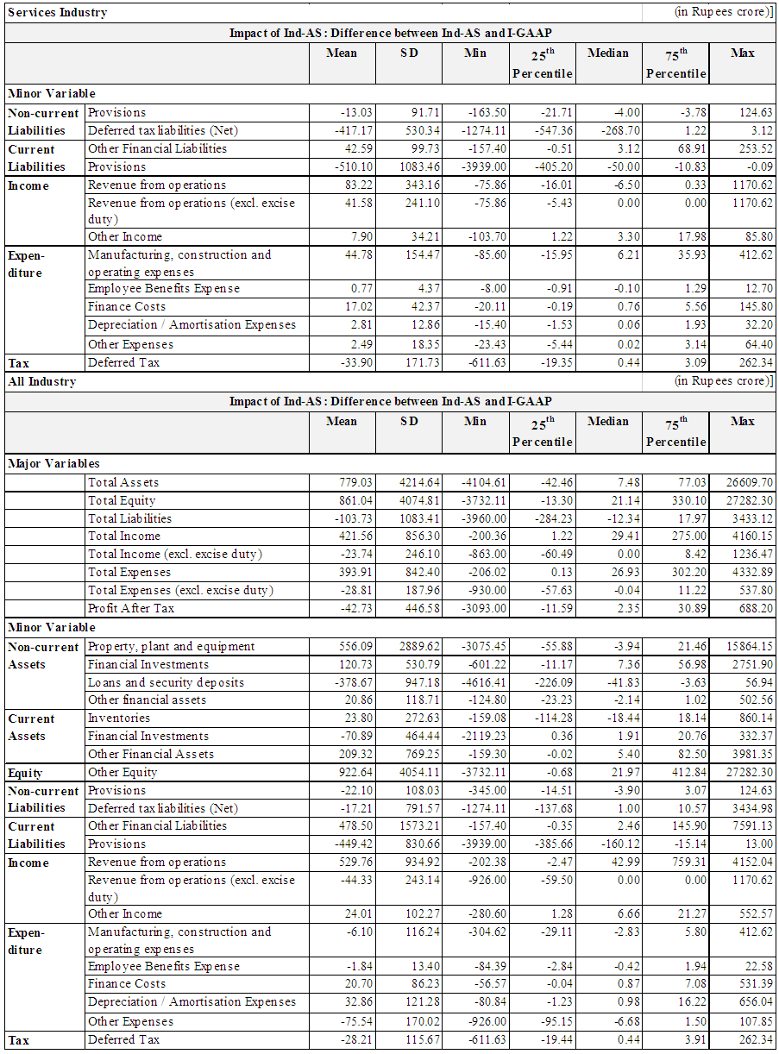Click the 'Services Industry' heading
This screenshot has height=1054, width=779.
tap(57, 12)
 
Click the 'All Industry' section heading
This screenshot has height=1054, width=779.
tap(41, 381)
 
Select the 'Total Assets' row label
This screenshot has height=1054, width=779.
tap(123, 482)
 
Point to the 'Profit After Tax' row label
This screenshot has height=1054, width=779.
tap(131, 608)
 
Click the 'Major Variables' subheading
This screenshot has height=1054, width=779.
tap(53, 463)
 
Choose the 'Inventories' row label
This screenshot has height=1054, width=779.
tap(119, 718)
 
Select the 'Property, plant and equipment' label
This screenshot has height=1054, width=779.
tap(172, 646)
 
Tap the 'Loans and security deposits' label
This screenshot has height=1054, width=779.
tap(166, 682)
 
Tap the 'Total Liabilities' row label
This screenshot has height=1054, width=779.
tap(129, 518)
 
